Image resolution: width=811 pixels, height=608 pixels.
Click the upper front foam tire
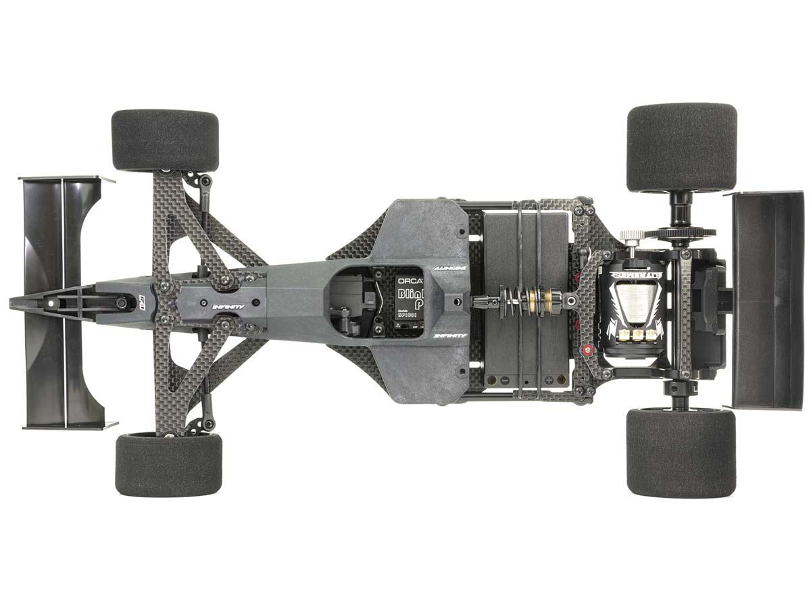point(165,141)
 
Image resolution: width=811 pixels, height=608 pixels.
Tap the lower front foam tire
point(168,465)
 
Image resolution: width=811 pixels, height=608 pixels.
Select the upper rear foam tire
point(682,147)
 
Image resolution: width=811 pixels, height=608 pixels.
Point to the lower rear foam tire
point(681,452)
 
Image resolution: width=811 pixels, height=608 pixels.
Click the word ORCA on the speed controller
point(409,280)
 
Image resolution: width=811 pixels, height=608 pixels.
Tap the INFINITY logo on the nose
point(228,306)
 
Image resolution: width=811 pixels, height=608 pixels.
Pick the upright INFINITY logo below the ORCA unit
point(449,334)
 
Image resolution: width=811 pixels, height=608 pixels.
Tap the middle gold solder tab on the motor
point(637,335)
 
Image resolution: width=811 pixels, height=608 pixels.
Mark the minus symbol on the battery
point(505,380)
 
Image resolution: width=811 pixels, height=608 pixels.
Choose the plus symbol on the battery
point(550,380)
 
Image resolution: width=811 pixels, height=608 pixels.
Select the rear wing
point(767,300)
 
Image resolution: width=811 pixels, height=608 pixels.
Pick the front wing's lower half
point(64,378)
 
